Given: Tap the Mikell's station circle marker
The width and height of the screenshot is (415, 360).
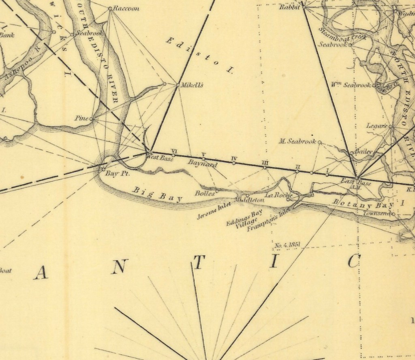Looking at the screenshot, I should (x=178, y=85).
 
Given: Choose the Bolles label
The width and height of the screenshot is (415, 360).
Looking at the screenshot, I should (x=204, y=193).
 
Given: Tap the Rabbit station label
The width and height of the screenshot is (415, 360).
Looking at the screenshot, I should (x=289, y=7).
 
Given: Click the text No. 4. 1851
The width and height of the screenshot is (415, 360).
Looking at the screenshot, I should (x=288, y=245).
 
